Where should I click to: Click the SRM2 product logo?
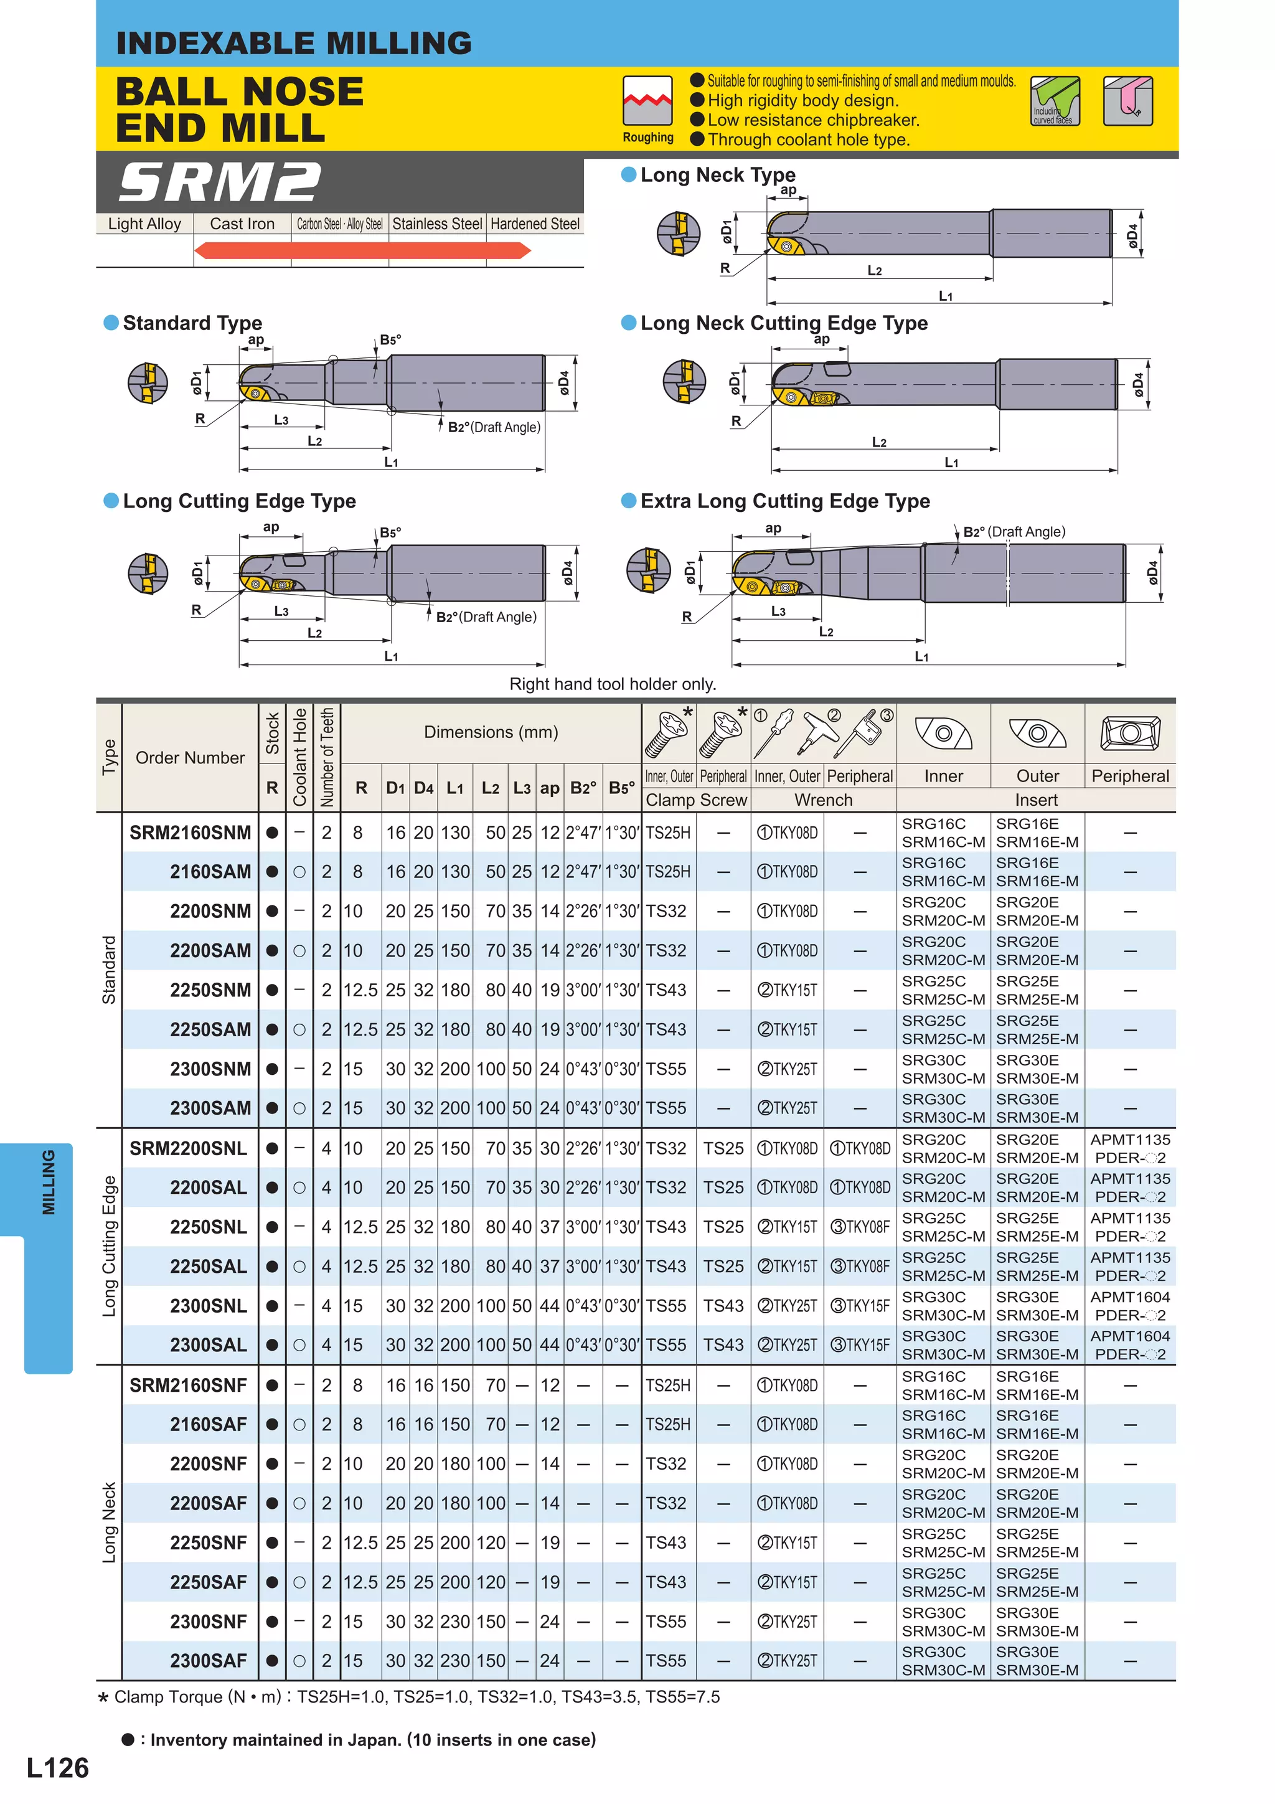click(220, 182)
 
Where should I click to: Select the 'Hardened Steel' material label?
click(535, 224)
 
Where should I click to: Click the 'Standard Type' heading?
click(192, 323)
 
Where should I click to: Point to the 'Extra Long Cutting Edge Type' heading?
click(784, 501)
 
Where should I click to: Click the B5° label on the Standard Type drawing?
click(390, 340)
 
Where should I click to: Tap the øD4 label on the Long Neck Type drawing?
click(1132, 234)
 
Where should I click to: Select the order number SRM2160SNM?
click(190, 833)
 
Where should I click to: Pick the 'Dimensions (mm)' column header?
click(491, 732)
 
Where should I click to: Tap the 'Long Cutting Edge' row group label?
click(109, 1246)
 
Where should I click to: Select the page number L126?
click(57, 1768)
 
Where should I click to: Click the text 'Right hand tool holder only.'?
click(613, 684)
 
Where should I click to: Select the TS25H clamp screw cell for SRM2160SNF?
click(668, 1385)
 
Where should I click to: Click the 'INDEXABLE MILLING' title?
click(294, 43)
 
